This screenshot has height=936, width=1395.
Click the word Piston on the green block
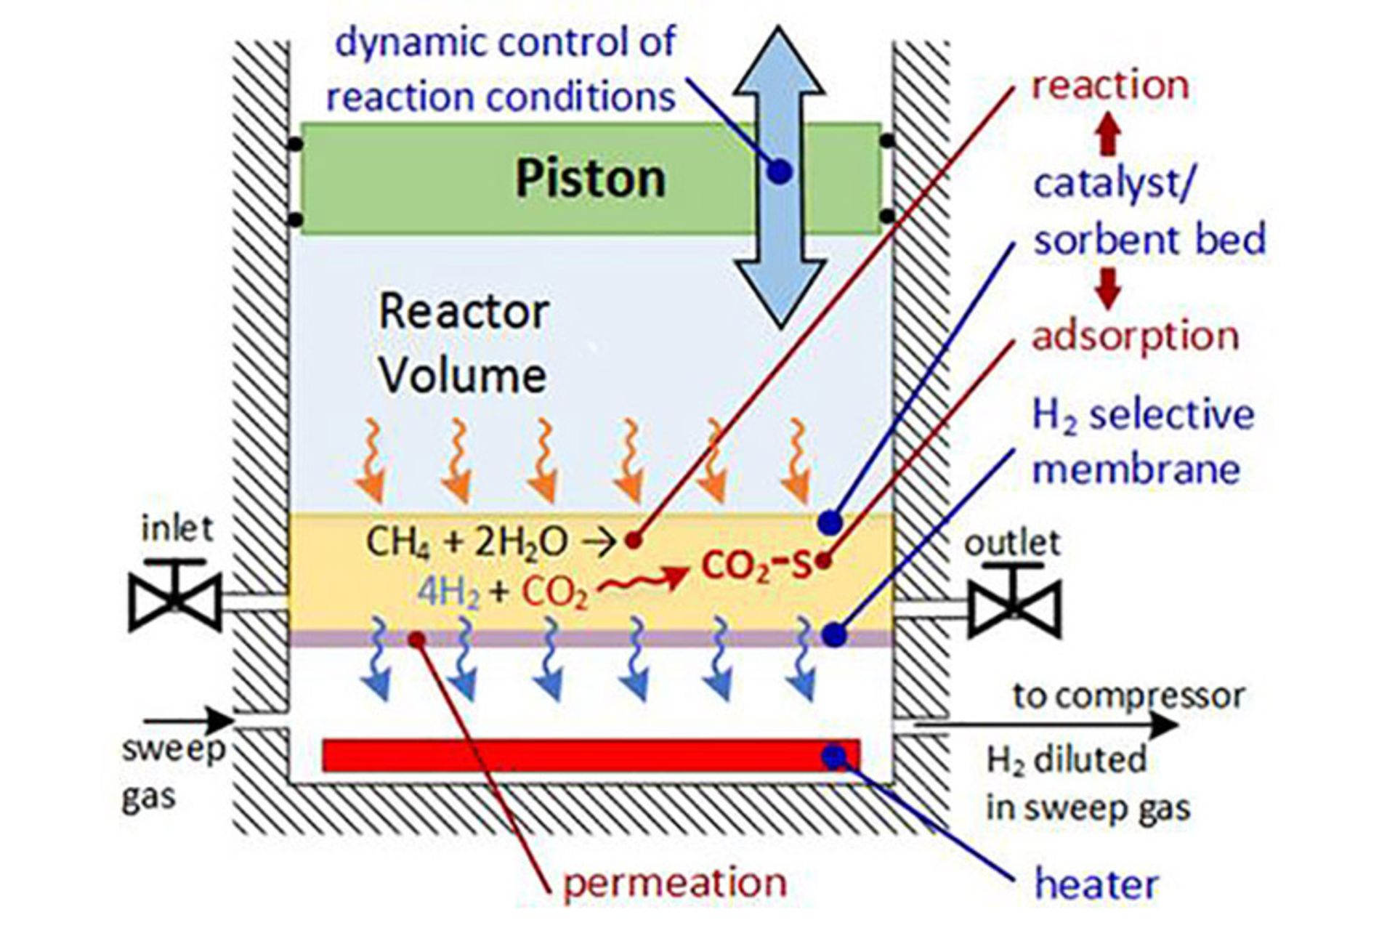[590, 179]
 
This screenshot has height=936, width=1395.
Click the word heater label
[1096, 884]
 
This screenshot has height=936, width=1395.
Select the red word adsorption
[1135, 336]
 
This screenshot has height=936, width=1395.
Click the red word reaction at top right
[1110, 86]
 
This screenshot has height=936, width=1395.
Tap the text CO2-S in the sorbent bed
[756, 565]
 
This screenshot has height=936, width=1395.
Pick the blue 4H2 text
[449, 594]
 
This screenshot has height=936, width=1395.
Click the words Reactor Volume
[464, 343]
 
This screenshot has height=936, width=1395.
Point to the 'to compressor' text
[1129, 695]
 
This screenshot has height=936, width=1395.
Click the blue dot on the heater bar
[834, 757]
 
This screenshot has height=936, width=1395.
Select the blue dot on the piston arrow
[779, 172]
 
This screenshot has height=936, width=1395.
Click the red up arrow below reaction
[1107, 137]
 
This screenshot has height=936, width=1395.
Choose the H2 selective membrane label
[1142, 442]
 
